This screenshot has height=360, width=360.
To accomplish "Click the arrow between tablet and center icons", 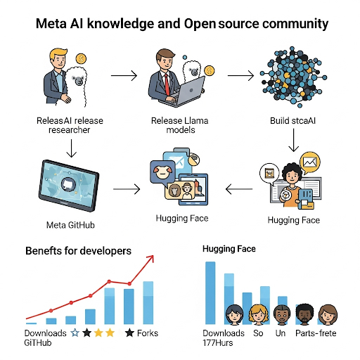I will click(x=124, y=188).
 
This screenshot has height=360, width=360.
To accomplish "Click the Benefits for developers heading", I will click(x=78, y=251).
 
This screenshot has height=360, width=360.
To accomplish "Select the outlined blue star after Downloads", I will click(x=75, y=333).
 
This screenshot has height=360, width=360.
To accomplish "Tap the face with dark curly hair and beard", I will click(x=304, y=314).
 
